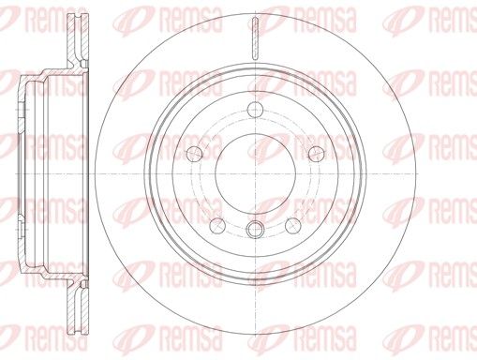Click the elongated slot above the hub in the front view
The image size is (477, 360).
click(x=255, y=38)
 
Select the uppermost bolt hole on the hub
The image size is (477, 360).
click(x=255, y=109)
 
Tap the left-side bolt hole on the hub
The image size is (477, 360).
click(x=194, y=153)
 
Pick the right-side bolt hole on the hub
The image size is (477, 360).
click(x=316, y=153)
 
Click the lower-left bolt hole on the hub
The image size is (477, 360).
click(x=217, y=225)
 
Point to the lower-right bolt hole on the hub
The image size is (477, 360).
click(x=293, y=225)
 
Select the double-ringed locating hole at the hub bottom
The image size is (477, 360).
click(x=255, y=230)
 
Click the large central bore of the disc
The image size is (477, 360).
click(x=255, y=173)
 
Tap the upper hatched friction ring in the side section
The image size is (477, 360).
click(x=78, y=37)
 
